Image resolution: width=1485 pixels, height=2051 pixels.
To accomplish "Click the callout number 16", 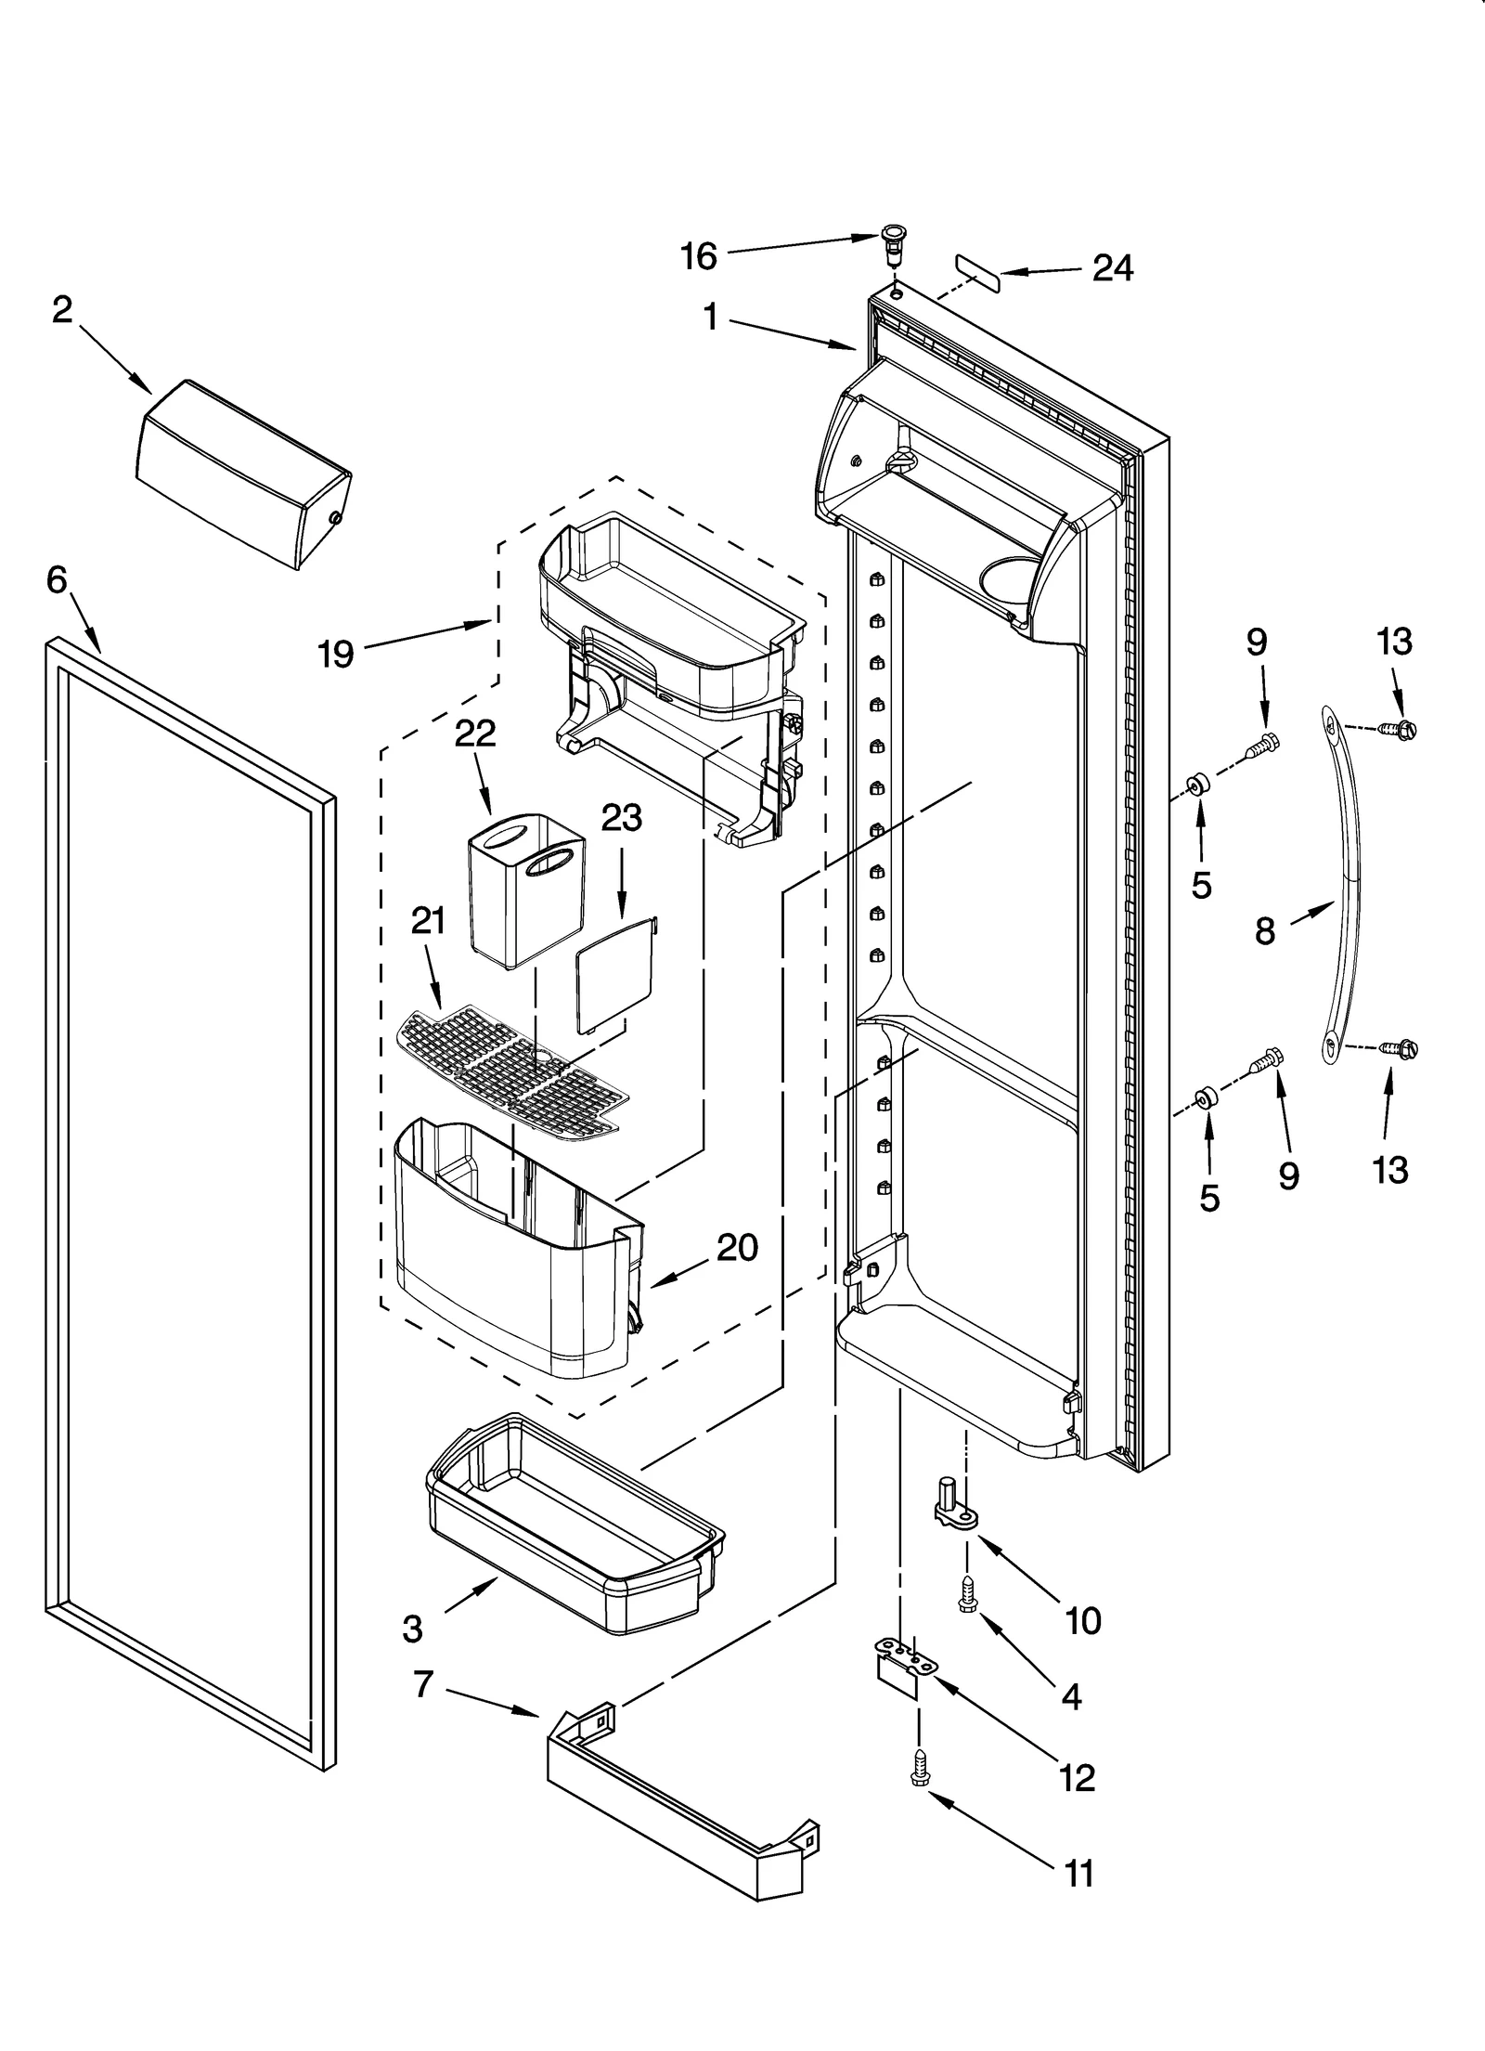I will coord(699,256).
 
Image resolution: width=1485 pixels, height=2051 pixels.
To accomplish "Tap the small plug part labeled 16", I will coord(893,242).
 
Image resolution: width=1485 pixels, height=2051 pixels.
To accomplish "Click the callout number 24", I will coord(1113,268).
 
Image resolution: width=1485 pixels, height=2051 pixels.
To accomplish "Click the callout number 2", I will coord(62,310).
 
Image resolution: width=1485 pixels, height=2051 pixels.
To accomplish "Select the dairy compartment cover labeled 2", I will coord(243,474).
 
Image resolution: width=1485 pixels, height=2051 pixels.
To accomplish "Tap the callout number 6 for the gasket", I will coord(57,580).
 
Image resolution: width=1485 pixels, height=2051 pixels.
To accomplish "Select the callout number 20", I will coord(738,1247).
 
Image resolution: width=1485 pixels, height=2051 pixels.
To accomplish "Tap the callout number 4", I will coord(1070,1696).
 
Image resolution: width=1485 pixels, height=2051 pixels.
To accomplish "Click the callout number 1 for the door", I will coord(710,318).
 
